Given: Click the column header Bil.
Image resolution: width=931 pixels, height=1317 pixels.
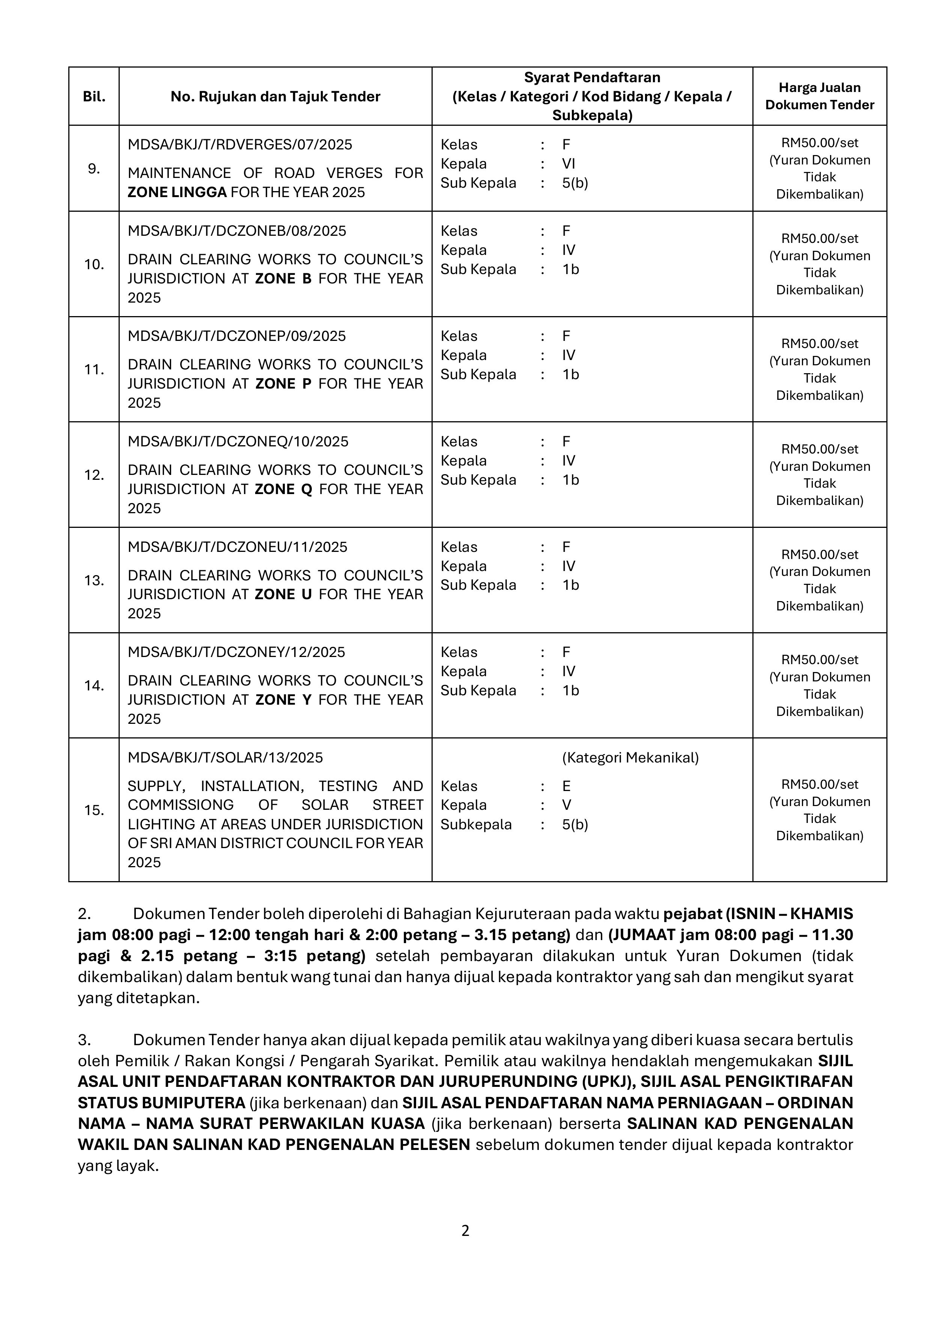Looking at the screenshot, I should click(x=94, y=96).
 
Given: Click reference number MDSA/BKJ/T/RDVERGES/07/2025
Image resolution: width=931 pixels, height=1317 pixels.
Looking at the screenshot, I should click(x=240, y=145).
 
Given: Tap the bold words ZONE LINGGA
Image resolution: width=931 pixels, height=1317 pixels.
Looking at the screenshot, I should click(x=177, y=192).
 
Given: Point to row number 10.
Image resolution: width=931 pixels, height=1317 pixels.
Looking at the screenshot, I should click(x=94, y=264).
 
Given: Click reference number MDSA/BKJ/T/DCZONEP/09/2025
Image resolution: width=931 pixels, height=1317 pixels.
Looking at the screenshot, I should click(x=237, y=336).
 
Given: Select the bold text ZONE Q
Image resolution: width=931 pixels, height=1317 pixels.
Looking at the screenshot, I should click(x=283, y=489).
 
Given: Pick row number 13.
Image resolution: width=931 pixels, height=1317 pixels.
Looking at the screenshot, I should click(x=94, y=580).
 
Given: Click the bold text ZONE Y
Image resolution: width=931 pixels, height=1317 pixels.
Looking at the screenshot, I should click(x=283, y=700).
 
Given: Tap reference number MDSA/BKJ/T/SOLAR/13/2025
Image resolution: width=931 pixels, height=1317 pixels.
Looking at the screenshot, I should click(x=225, y=758).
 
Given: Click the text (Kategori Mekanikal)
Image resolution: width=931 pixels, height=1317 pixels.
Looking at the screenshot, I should click(x=630, y=758).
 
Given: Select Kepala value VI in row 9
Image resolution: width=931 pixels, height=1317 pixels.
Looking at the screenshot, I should click(x=568, y=164).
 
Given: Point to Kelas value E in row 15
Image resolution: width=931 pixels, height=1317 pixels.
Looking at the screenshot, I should click(x=566, y=787).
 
